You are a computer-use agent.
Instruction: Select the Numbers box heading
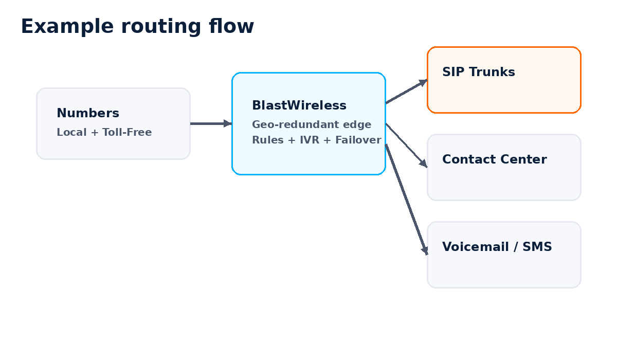(x=88, y=113)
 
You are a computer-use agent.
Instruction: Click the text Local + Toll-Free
(x=104, y=133)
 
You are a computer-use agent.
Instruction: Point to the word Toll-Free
(x=127, y=133)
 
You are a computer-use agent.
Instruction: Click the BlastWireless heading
(x=299, y=105)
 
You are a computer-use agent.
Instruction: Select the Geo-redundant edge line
(x=311, y=125)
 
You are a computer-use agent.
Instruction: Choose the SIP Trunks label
(x=478, y=72)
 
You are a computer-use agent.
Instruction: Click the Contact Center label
(x=494, y=159)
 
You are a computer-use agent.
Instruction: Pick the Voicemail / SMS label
(x=497, y=247)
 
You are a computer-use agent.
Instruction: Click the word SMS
(x=537, y=247)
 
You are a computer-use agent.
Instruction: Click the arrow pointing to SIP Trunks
(x=406, y=92)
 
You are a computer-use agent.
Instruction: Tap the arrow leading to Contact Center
(x=406, y=145)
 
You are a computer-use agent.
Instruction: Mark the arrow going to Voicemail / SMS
(x=406, y=199)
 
